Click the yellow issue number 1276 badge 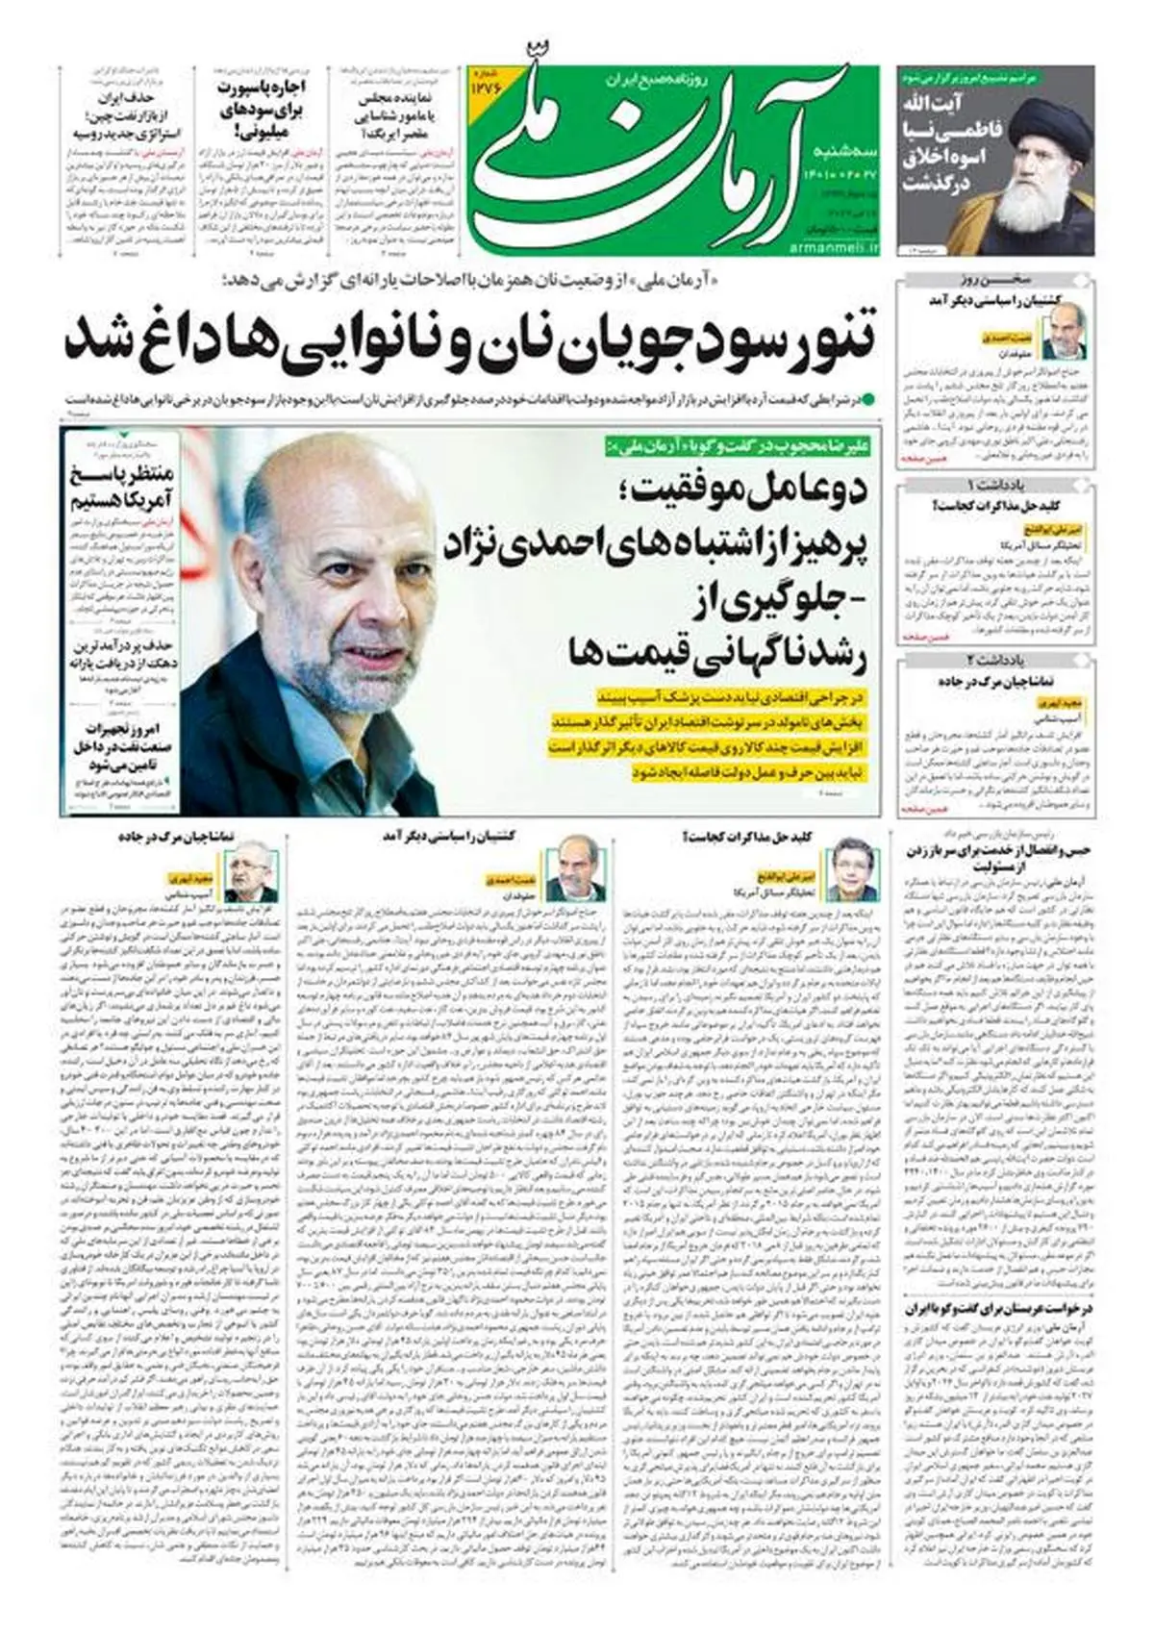(x=485, y=88)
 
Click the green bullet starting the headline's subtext (x=868, y=397)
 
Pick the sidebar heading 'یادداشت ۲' (x=996, y=660)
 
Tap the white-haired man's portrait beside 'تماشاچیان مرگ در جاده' (x=252, y=873)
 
